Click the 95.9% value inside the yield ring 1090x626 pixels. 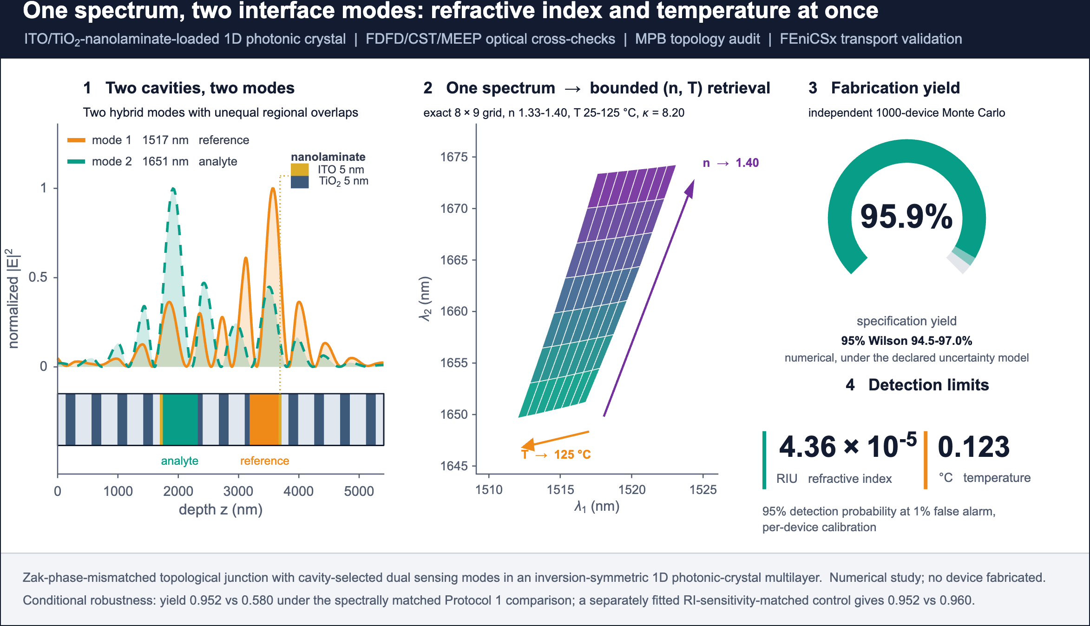click(x=906, y=217)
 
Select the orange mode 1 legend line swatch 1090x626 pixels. click(x=76, y=140)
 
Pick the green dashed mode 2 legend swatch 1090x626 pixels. click(x=76, y=162)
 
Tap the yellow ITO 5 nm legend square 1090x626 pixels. click(x=300, y=170)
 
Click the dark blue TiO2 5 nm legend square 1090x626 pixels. click(x=300, y=182)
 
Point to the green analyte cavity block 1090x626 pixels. click(x=180, y=420)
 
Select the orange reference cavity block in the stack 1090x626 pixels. click(x=264, y=420)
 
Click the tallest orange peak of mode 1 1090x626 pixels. click(x=273, y=189)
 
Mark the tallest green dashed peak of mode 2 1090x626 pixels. click(x=173, y=189)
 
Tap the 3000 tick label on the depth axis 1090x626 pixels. click(x=238, y=491)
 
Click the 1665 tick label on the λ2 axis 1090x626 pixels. click(x=454, y=260)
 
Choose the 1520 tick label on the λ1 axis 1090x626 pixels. click(x=631, y=489)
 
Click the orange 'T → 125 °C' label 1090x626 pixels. click(x=556, y=455)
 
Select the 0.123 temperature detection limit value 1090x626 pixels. click(x=974, y=447)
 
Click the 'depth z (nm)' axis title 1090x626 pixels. click(x=221, y=510)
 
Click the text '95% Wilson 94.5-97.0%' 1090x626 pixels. click(x=906, y=341)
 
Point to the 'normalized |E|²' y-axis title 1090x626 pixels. click(x=13, y=298)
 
